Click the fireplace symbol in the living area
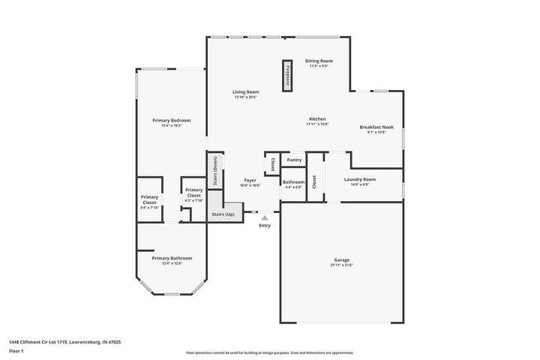click(287, 75)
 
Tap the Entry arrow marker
click(264, 218)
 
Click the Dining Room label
click(319, 63)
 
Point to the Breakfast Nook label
click(376, 130)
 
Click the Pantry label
click(295, 160)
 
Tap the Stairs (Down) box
click(216, 171)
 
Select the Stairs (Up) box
click(223, 214)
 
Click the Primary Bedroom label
click(171, 122)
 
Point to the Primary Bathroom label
click(166, 260)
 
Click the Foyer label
click(250, 183)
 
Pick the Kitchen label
click(317, 121)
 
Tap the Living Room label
click(245, 94)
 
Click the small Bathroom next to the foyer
click(293, 184)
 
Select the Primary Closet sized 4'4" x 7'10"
click(149, 201)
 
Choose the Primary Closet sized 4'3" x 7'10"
click(193, 194)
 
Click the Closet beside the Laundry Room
click(314, 181)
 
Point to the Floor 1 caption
click(16, 350)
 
